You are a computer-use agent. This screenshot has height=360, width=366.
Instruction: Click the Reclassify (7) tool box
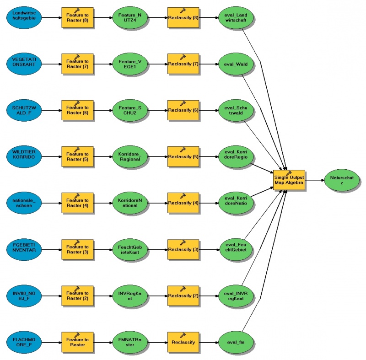183,64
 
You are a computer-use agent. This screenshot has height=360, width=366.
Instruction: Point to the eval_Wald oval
236,64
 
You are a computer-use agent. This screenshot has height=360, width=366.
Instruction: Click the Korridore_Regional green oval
130,157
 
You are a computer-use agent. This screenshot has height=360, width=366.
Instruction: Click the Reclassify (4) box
183,204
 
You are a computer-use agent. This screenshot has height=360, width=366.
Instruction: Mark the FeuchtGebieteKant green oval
130,250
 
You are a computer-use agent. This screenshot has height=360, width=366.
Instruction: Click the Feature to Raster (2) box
77,296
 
